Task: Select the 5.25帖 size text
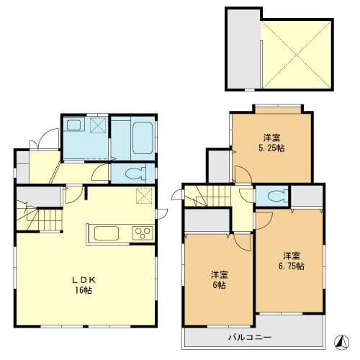pos(271,148)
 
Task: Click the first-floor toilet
pos(135,174)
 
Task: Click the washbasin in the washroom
pos(74,125)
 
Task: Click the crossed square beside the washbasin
pos(98,125)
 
